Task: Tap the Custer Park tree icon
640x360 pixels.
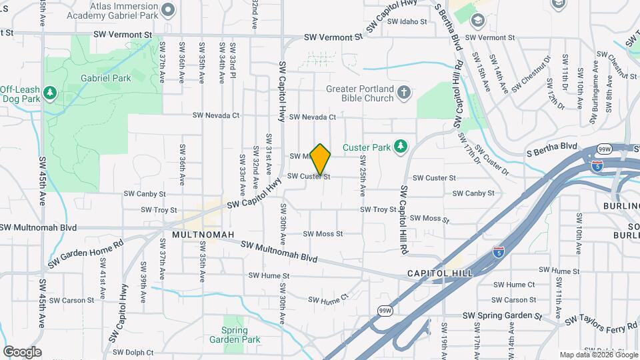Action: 400,146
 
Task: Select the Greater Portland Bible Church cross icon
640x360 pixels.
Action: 403,93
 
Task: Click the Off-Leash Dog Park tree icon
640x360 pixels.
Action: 49,93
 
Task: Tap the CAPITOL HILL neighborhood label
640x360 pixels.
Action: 440,273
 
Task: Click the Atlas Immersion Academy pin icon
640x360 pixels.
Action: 167,9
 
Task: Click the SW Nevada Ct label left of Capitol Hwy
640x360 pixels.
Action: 215,115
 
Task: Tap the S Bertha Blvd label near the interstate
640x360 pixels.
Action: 550,145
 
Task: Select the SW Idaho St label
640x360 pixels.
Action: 407,21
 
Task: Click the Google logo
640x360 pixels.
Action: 22,352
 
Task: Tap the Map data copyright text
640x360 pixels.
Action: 597,355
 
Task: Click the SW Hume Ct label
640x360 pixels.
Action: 329,300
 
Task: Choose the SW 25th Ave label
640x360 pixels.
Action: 363,175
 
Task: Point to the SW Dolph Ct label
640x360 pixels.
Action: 133,352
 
